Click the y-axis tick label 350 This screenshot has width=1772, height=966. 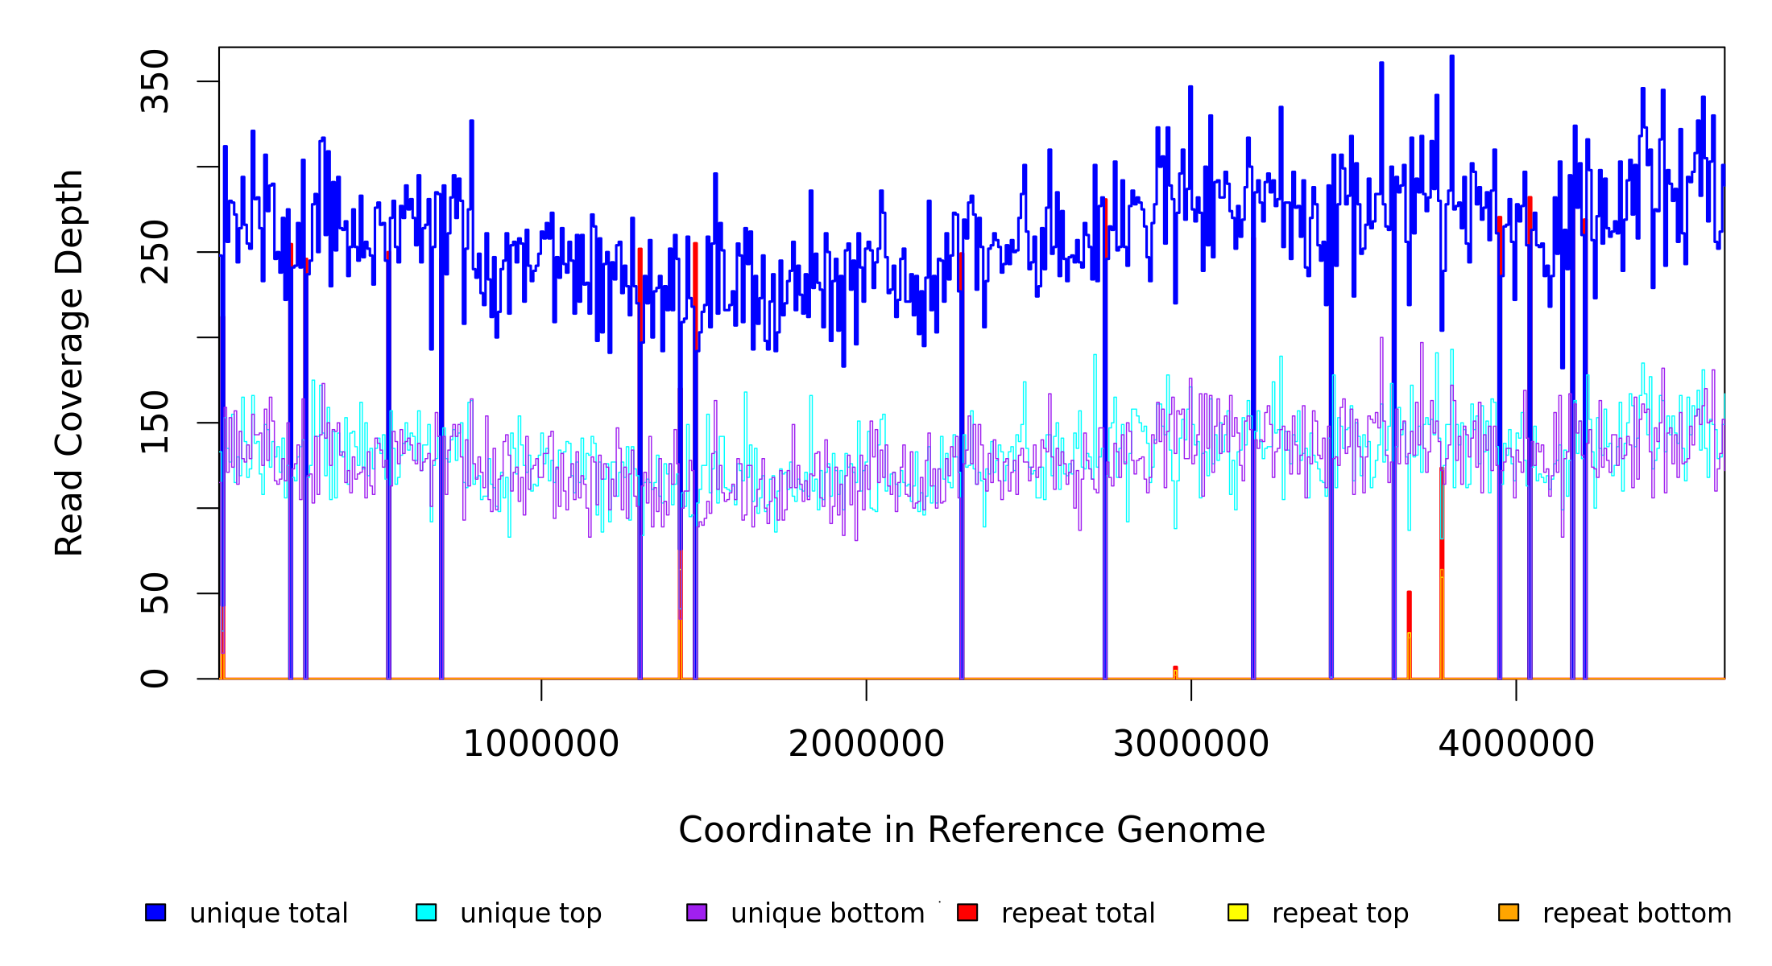154,81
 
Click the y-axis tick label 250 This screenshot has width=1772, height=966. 154,252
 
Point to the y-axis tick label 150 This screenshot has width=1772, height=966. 154,423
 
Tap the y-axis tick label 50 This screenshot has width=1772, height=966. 154,593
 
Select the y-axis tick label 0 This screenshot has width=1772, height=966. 154,679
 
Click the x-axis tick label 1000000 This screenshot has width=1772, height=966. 540,744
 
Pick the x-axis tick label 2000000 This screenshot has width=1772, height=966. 866,744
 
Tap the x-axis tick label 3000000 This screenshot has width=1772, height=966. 1190,744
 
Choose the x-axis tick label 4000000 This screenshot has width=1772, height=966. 1516,744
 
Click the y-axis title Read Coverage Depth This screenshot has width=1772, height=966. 69,362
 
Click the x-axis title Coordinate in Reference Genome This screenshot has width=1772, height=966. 971,831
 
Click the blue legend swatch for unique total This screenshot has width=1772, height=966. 155,912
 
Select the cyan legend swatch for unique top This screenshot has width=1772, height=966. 426,912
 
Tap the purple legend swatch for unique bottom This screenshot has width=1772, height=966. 697,912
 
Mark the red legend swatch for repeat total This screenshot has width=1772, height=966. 967,912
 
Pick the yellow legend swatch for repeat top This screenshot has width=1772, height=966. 1238,912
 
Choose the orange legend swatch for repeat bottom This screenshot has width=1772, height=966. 1509,912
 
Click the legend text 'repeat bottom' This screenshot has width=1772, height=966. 1637,914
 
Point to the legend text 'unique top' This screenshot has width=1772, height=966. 531,914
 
